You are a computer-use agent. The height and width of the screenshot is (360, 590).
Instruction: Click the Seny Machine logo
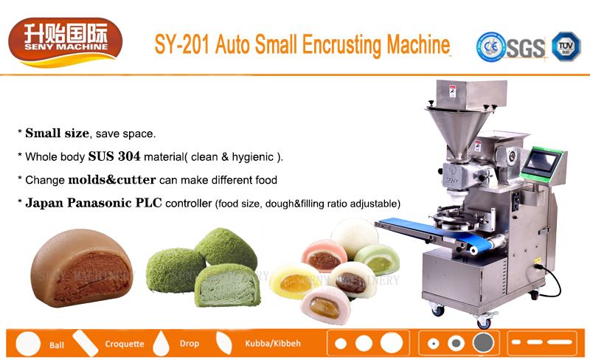(66, 42)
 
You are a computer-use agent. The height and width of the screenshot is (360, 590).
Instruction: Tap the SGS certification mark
(526, 48)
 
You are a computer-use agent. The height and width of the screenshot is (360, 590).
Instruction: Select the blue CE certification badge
(490, 46)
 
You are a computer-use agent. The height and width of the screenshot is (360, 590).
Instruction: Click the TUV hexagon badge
(566, 46)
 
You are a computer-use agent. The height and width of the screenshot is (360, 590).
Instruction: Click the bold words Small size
(58, 133)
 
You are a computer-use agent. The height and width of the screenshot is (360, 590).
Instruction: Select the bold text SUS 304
(114, 156)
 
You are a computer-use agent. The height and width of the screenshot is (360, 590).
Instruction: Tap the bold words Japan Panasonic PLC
(94, 203)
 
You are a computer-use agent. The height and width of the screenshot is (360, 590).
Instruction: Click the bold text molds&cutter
(112, 179)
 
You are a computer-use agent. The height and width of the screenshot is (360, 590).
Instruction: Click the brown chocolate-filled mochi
(82, 267)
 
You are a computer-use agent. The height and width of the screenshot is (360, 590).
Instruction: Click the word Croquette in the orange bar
(125, 344)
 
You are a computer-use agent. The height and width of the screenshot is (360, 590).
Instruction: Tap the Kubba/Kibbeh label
(273, 344)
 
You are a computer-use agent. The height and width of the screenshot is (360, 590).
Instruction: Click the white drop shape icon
(161, 343)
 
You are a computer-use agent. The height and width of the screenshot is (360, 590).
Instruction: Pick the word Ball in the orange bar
(57, 345)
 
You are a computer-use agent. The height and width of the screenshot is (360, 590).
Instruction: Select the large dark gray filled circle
(483, 343)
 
